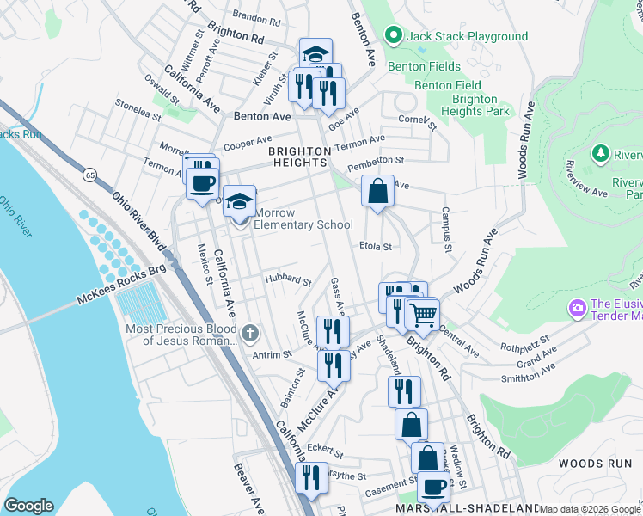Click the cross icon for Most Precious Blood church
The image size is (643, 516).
click(x=249, y=332)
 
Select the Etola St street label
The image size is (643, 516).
click(x=376, y=246)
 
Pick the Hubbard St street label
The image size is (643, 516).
click(x=288, y=279)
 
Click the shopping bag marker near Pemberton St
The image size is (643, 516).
click(x=377, y=191)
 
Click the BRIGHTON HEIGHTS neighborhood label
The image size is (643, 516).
click(x=299, y=156)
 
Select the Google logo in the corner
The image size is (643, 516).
click(x=28, y=506)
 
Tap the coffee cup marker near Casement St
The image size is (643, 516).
click(x=433, y=488)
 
